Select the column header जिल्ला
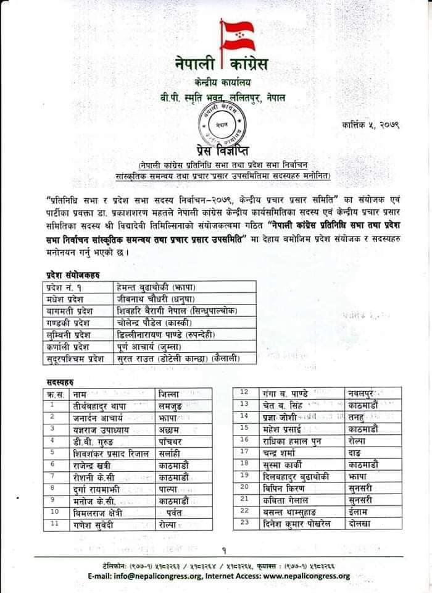point(169,393)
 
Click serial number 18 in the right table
point(244,463)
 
